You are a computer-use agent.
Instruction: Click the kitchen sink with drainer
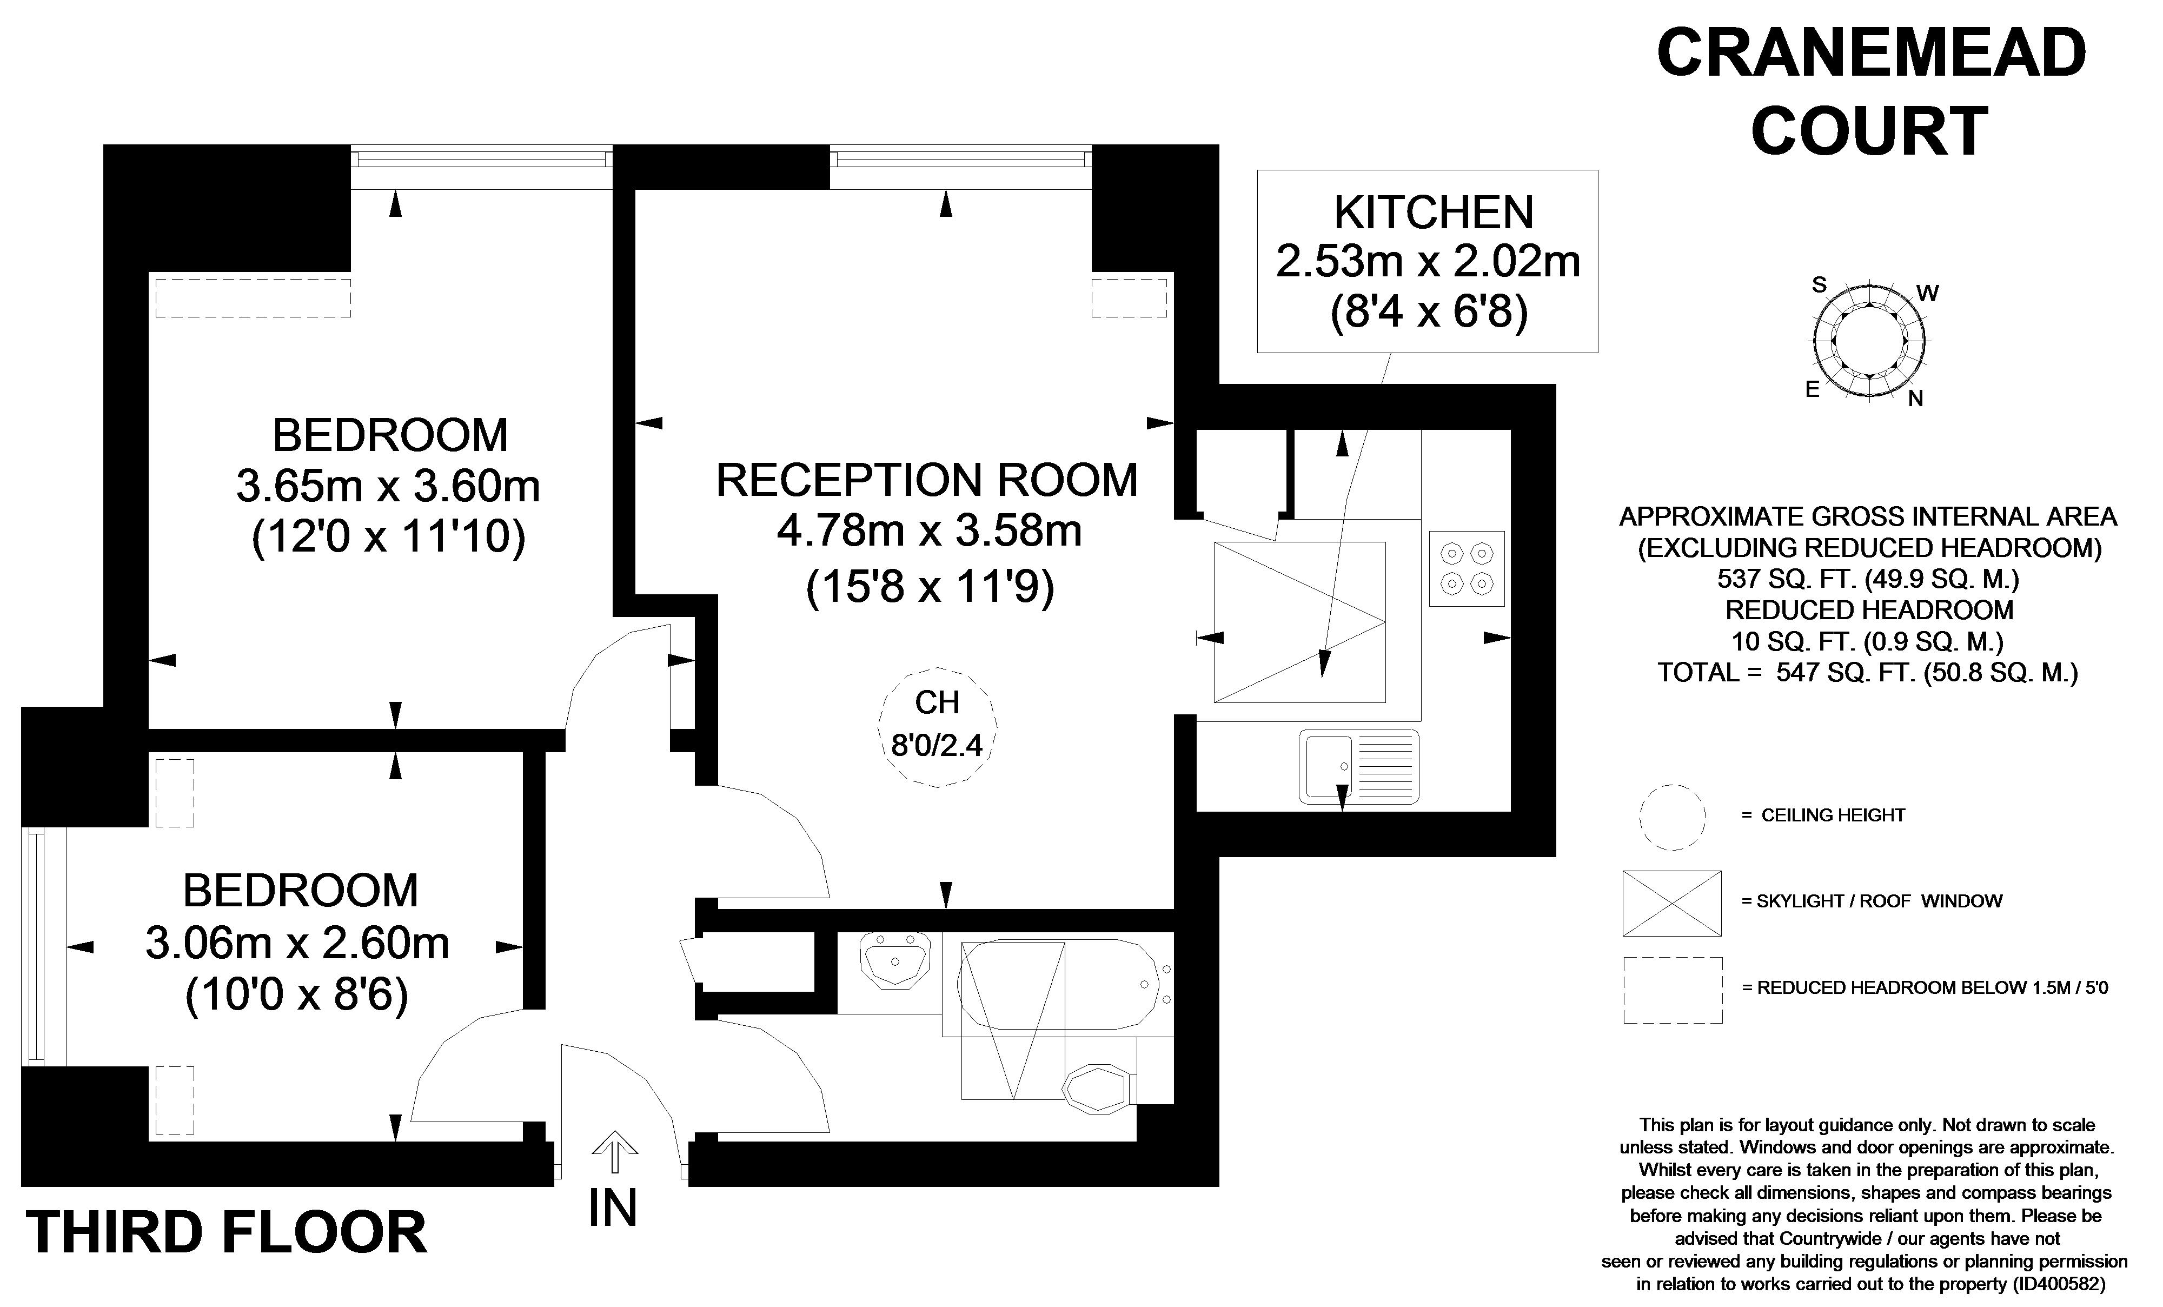pyautogui.click(x=1359, y=766)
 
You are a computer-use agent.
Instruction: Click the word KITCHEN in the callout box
pyautogui.click(x=1434, y=213)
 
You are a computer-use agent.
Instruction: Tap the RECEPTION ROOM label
pyautogui.click(x=927, y=480)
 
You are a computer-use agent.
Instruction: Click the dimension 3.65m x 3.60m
pyautogui.click(x=388, y=486)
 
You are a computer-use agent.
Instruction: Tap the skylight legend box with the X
pyautogui.click(x=1671, y=903)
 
